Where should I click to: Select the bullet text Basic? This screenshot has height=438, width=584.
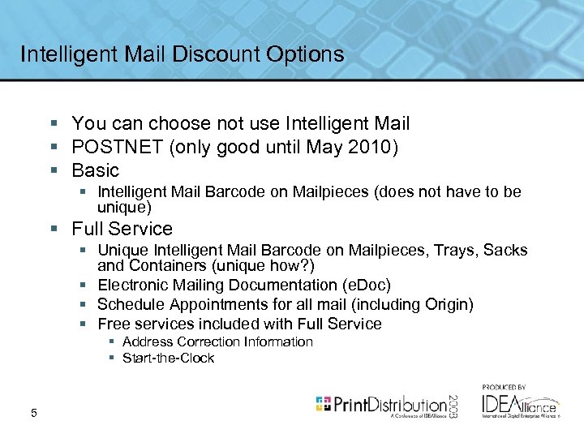point(95,170)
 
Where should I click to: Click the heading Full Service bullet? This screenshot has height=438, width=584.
point(122,229)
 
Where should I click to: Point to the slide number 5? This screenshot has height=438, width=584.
point(33,414)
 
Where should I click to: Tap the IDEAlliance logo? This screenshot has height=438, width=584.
point(519,404)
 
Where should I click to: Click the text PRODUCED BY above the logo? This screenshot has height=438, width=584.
point(504,387)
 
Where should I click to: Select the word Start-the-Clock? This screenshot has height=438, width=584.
point(168,358)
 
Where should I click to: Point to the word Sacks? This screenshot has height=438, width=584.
point(505,251)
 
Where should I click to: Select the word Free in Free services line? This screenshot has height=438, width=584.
point(114,324)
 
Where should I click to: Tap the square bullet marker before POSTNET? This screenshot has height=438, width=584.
point(53,148)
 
